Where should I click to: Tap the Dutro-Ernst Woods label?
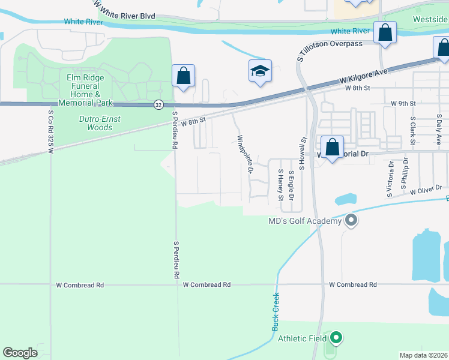(x=100, y=123)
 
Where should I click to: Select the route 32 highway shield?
(x=158, y=104)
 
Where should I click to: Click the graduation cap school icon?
(x=261, y=71)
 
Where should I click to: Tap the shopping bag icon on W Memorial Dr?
(x=332, y=148)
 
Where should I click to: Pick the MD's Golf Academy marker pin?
(x=351, y=221)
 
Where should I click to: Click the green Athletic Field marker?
(x=336, y=338)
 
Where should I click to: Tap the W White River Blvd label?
(x=122, y=5)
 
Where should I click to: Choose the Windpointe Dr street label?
(x=244, y=155)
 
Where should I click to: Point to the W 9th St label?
(x=403, y=104)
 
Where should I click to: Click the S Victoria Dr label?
(x=390, y=178)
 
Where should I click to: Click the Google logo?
(x=20, y=353)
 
